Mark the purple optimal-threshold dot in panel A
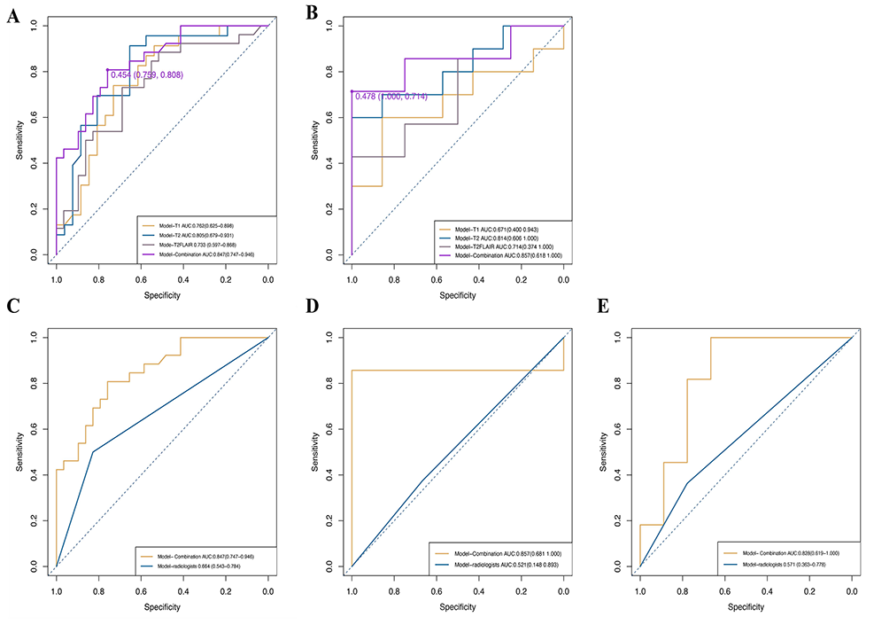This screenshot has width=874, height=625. click(107, 70)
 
